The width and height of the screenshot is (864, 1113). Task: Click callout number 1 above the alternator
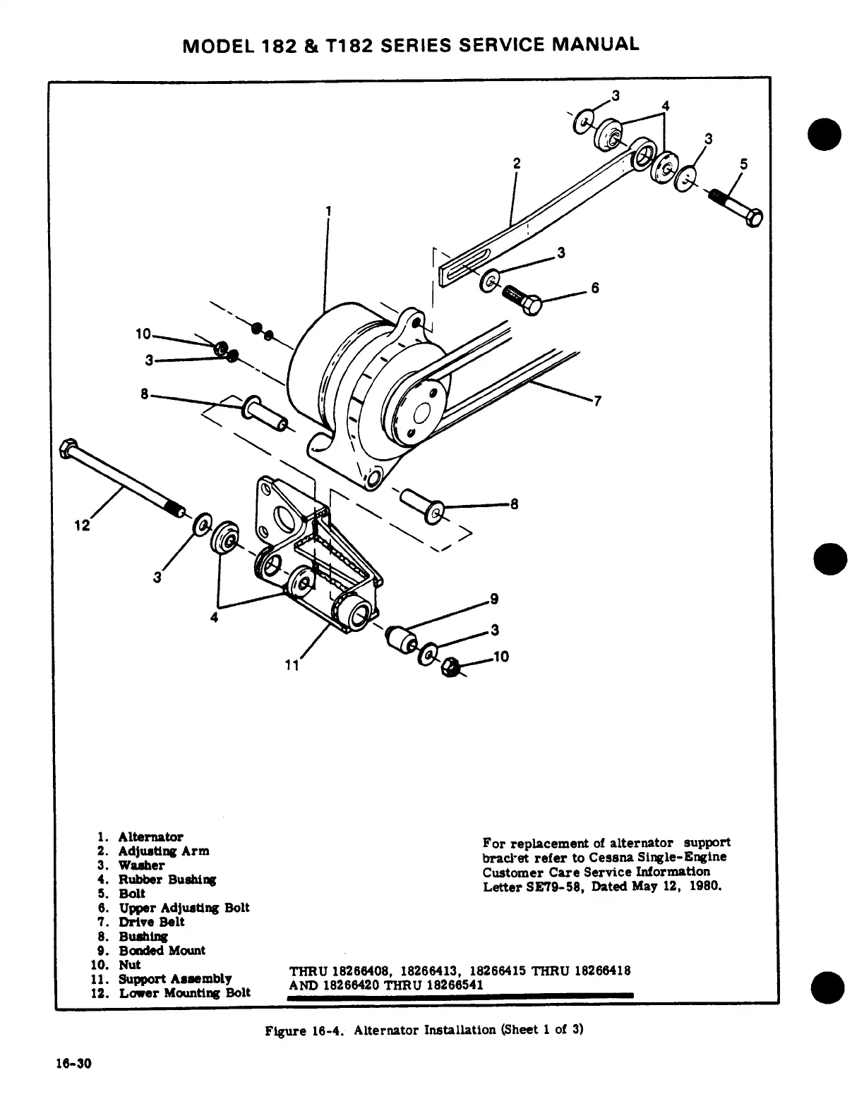click(x=328, y=210)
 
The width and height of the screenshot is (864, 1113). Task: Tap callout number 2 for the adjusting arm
click(x=517, y=163)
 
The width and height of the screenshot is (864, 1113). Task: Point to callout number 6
click(x=595, y=288)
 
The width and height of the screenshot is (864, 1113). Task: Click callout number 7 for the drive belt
click(x=597, y=401)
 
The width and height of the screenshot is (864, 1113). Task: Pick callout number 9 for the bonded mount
click(x=494, y=600)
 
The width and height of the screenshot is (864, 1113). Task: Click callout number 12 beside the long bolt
click(x=83, y=525)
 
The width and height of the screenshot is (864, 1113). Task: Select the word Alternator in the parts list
click(x=150, y=837)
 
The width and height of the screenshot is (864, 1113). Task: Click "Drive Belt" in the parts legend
click(x=151, y=922)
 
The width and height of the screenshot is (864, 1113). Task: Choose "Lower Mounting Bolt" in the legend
click(x=184, y=993)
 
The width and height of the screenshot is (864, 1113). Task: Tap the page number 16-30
click(x=74, y=1064)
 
